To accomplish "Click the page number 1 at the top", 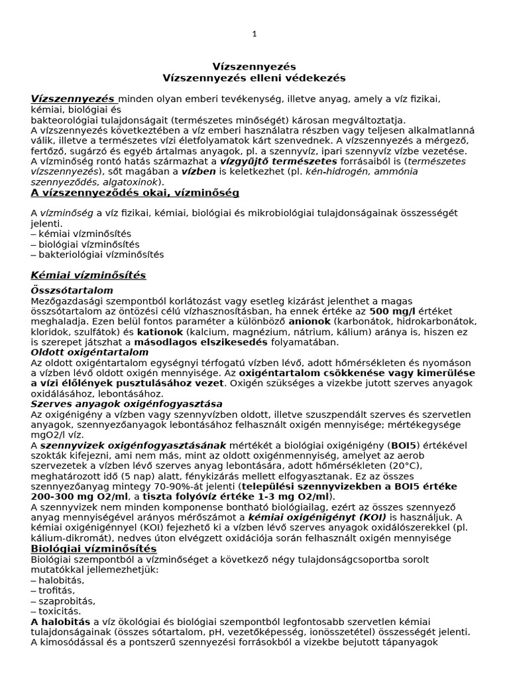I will [254, 34].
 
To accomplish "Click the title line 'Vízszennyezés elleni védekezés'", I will [254, 78].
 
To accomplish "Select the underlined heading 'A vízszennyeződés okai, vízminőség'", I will [135, 193].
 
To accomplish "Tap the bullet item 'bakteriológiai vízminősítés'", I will [101, 254].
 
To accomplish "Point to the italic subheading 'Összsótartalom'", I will [72, 291].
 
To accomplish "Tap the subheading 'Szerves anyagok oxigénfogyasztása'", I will [127, 404].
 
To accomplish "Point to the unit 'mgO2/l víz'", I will [56, 435].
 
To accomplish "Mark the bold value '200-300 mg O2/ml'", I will [74, 497].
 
